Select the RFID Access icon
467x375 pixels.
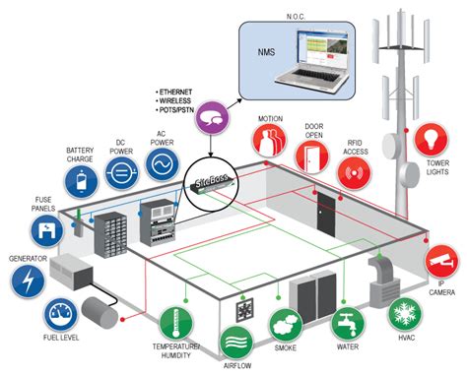357,174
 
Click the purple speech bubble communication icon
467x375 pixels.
212,121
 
